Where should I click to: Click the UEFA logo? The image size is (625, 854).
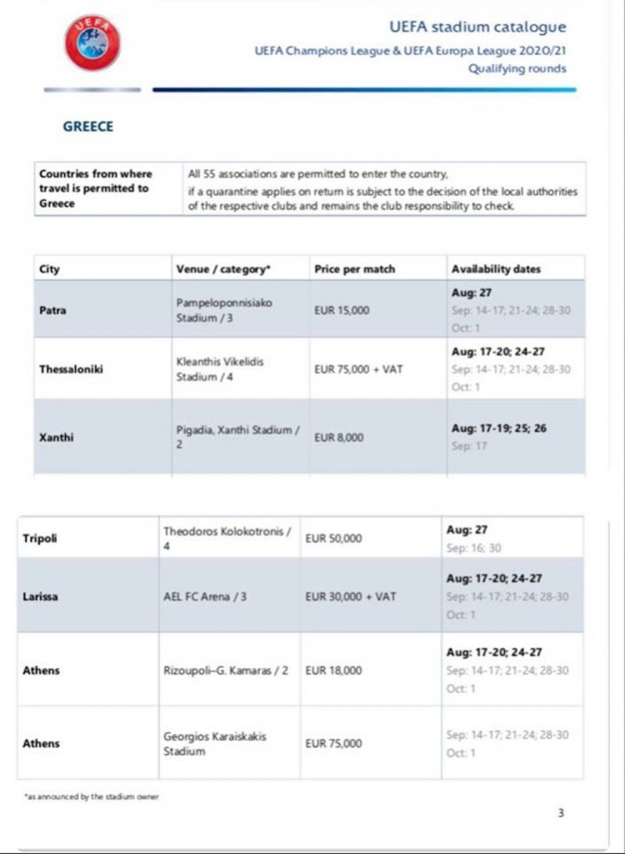tap(92, 42)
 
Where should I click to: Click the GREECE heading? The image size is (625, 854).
tap(87, 127)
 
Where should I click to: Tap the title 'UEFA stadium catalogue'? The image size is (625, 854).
tap(477, 28)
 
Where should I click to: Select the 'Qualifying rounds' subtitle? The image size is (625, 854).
tap(517, 68)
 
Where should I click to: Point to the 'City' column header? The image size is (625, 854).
tap(49, 269)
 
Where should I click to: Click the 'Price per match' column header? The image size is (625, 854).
tap(354, 269)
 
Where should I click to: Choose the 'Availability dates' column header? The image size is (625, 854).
tap(496, 269)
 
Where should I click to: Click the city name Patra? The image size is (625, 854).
tap(52, 311)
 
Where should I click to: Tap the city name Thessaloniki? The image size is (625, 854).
tap(71, 369)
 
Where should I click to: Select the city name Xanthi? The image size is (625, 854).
tap(57, 437)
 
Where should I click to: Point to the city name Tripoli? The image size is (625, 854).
tap(40, 538)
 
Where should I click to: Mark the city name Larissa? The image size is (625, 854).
tap(42, 596)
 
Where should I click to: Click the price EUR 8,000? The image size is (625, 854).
tap(338, 437)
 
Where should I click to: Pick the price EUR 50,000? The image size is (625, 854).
tap(333, 538)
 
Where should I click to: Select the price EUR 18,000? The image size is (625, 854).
tap(333, 671)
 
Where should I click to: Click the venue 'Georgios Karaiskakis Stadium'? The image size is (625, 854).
tap(214, 744)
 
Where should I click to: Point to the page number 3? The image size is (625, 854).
tap(561, 812)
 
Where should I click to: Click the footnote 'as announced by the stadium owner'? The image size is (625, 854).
tap(91, 796)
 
